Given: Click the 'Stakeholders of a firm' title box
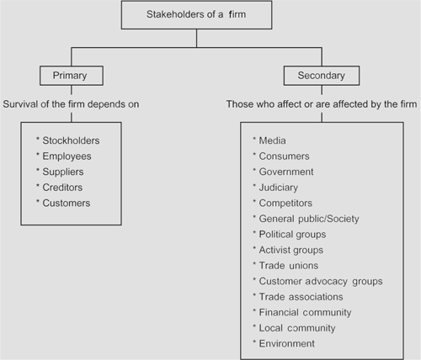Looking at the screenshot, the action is coord(196,15).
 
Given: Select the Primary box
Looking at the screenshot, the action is coord(72,76).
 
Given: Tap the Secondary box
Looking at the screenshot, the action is coord(322,76).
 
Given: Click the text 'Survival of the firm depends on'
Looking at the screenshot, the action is coord(71,104).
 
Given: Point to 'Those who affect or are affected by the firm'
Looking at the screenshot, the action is coord(322,104).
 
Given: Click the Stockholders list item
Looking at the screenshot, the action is coord(71,140).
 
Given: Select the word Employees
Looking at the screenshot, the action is coord(67,156).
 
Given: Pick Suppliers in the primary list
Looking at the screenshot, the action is coord(63,172).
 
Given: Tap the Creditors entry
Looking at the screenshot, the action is coord(62,188).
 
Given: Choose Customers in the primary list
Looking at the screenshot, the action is coord(67,203).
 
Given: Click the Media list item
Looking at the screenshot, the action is coord(272,140).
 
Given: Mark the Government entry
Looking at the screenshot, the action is coord(286,172).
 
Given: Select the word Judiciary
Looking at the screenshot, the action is coord(279,188).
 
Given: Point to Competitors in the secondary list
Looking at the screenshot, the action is coord(285,203).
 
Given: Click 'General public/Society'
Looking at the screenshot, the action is coord(309,219).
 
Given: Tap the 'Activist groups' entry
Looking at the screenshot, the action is coord(291,250).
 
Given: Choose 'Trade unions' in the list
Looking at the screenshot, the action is coord(289,266).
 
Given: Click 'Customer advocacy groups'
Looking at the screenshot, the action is coord(321,281).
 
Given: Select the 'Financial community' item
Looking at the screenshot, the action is coord(305,313).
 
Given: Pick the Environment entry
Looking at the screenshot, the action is coord(286,344).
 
